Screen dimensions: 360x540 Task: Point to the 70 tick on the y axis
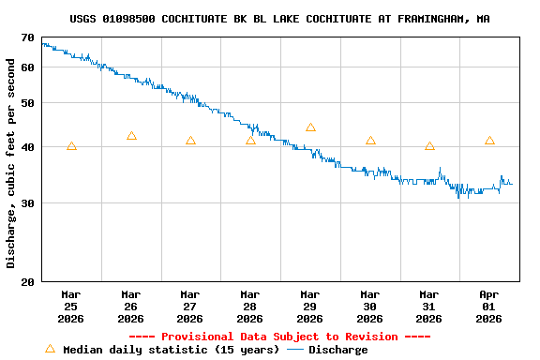26,37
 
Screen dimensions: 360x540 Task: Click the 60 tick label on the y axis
26,67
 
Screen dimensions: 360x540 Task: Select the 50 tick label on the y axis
26,103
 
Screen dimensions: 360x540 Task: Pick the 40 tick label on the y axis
26,147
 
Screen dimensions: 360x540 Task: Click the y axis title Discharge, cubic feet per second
11,163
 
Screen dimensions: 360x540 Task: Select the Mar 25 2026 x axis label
71,307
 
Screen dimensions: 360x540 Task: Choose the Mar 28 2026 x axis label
250,307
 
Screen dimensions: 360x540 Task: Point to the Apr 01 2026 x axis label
489,307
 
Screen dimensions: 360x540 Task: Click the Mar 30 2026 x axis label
370,307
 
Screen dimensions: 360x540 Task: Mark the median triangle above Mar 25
71,146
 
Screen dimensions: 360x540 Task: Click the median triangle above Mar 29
310,127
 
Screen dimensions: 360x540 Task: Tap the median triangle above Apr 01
489,141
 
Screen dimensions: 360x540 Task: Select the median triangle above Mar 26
131,136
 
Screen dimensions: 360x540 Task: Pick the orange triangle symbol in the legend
51,349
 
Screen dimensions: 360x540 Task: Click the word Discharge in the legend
337,350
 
